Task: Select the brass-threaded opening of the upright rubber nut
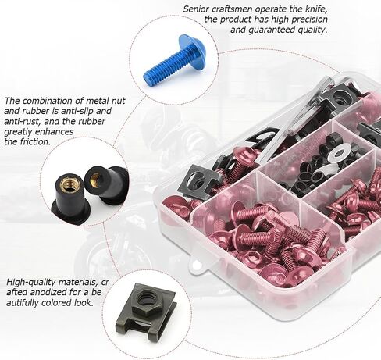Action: click(x=68, y=184)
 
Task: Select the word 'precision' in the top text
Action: click(x=309, y=20)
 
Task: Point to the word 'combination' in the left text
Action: click(x=55, y=101)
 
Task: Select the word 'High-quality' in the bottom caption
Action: click(x=31, y=283)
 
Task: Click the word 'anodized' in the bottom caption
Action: click(x=48, y=293)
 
